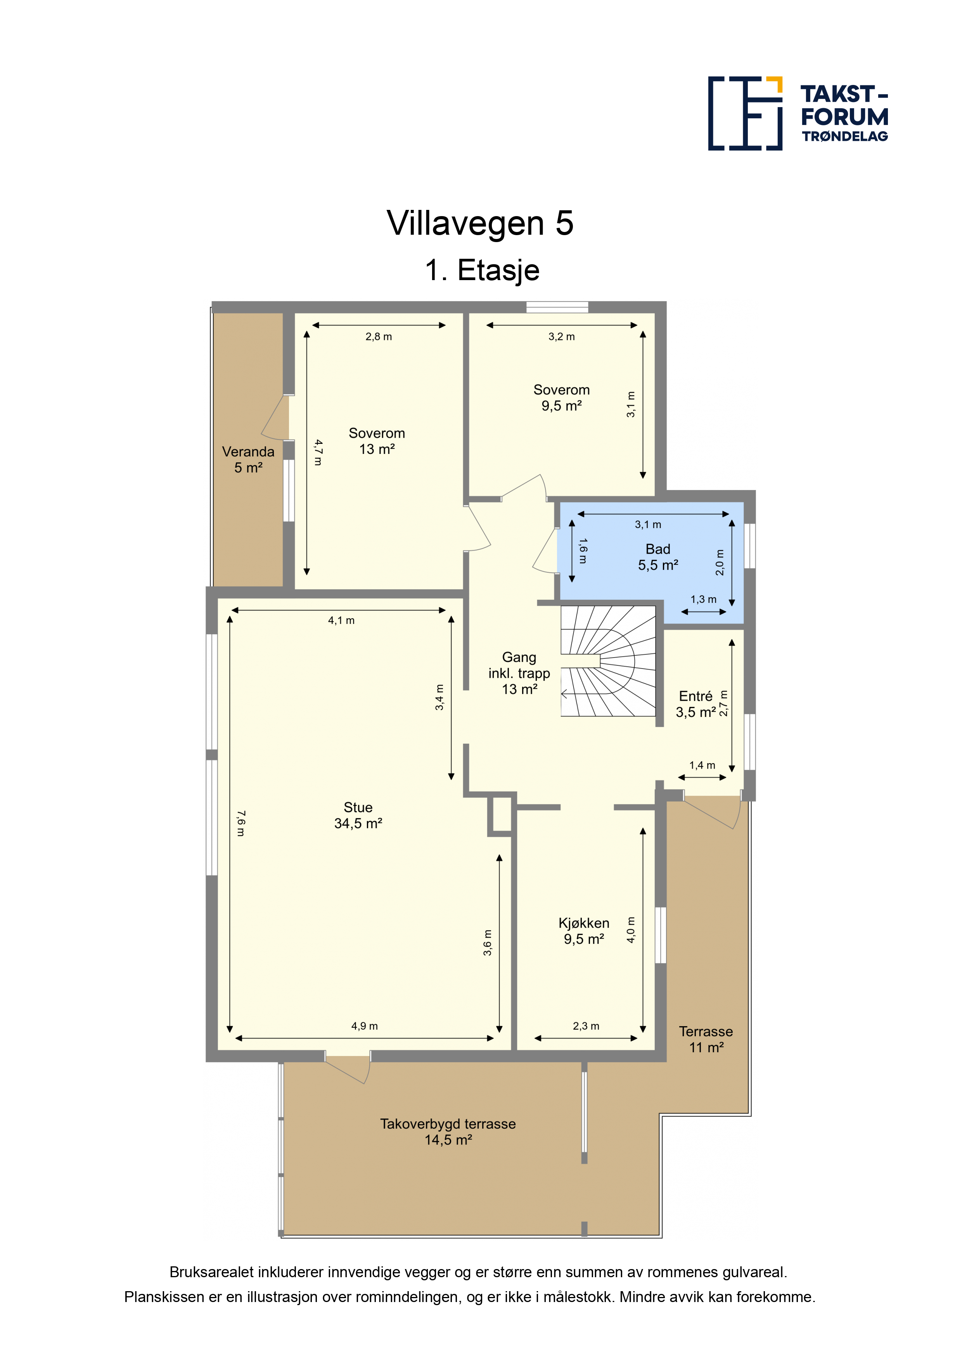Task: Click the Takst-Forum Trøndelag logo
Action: click(798, 113)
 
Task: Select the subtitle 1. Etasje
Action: click(482, 270)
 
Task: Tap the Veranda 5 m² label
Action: click(248, 459)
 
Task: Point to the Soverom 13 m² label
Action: click(377, 441)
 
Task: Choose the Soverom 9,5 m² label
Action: click(561, 398)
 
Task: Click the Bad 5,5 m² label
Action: click(658, 557)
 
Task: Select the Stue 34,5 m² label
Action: click(358, 815)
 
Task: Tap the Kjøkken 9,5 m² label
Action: click(584, 931)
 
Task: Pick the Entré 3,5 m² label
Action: click(696, 704)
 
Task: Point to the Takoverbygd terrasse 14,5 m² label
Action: click(448, 1132)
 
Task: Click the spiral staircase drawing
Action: click(609, 660)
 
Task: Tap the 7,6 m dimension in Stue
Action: click(240, 823)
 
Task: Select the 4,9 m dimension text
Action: click(365, 1025)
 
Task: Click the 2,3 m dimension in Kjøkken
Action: click(586, 1025)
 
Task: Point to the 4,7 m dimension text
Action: click(318, 452)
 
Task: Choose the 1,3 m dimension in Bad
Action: click(704, 599)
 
